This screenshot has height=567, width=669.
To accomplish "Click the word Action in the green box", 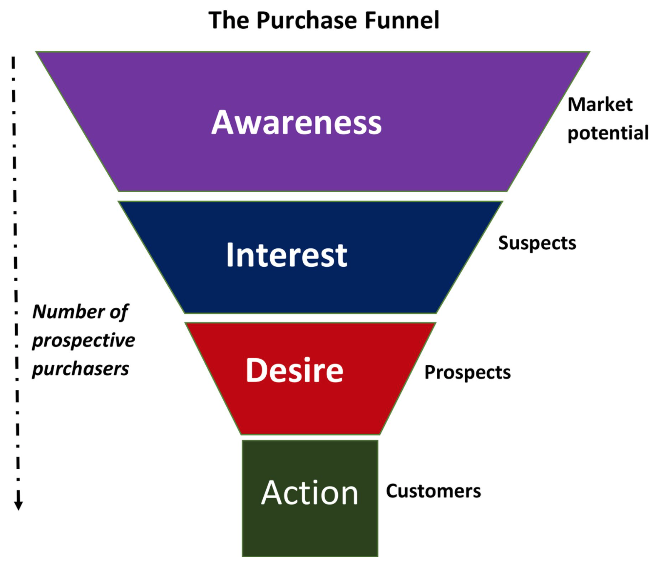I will (310, 493).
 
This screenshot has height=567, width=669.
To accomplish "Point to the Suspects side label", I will (537, 243).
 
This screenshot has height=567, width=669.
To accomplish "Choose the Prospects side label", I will (467, 372).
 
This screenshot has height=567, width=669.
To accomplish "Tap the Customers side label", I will (433, 491).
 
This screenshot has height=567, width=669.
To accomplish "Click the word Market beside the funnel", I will (600, 104).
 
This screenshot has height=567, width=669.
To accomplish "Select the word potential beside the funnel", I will (608, 133).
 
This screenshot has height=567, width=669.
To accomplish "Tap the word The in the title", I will (228, 20).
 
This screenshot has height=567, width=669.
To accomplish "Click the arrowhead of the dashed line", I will (19, 504).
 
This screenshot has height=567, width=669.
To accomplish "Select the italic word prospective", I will (83, 341).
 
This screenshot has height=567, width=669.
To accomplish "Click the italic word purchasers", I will (80, 369).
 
